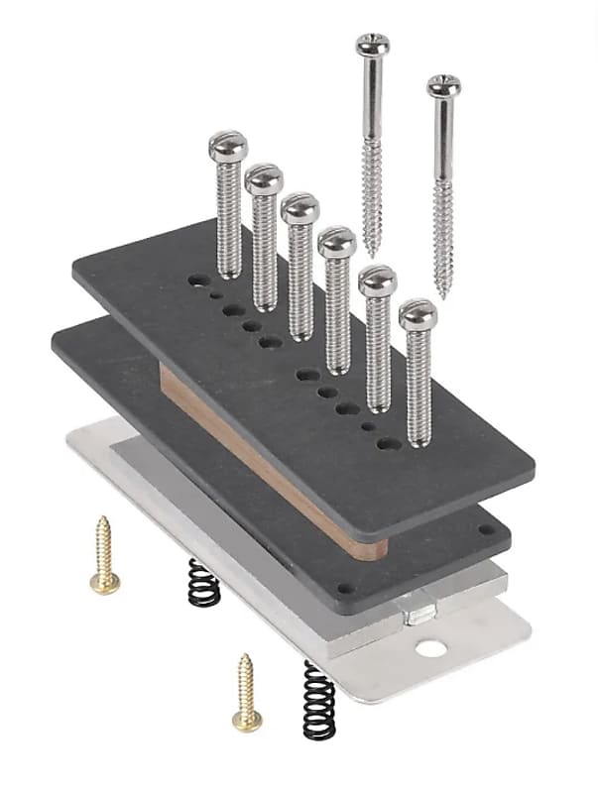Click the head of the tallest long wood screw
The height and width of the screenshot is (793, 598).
coord(373,45)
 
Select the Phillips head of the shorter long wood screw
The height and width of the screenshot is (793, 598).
coord(443,86)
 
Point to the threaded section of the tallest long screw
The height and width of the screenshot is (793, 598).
coord(373,198)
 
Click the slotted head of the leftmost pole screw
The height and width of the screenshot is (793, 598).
coord(227,147)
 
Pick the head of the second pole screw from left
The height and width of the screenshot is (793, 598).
coord(264,179)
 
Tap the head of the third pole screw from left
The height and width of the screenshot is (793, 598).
coord(299,209)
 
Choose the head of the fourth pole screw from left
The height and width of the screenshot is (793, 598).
coord(337,241)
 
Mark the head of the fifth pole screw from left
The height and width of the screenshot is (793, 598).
coord(377,281)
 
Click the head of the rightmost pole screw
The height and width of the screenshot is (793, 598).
coord(418,315)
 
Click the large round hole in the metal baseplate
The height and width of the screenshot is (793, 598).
coord(430,649)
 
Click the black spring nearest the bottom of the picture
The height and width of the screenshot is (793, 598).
coord(318,699)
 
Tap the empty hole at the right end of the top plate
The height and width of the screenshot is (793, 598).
coord(390,444)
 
